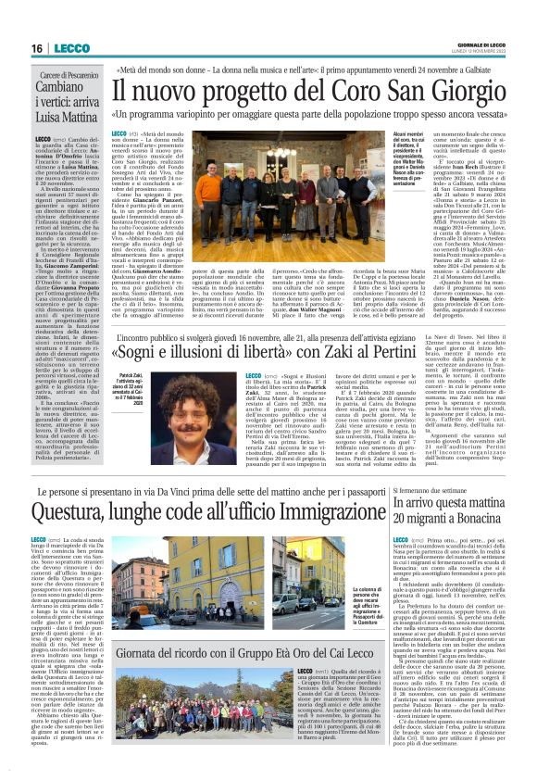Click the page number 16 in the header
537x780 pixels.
(x=38, y=47)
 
